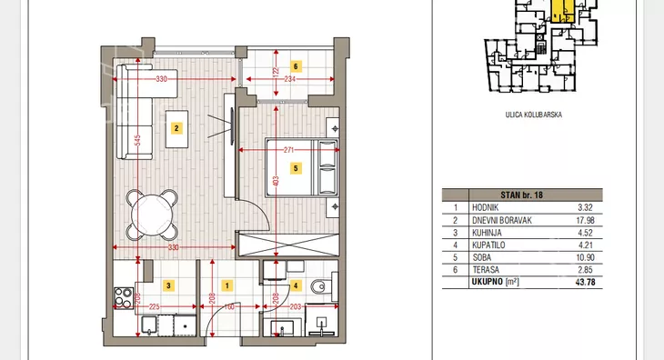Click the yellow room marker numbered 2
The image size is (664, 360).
tap(176, 128)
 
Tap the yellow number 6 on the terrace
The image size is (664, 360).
tap(296, 66)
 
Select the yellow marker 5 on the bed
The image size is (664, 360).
tap(296, 168)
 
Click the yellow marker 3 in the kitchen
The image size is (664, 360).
tap(168, 285)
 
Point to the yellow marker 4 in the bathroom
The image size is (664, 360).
tap(296, 286)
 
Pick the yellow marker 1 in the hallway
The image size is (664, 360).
tap(227, 286)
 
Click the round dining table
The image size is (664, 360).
tap(152, 215)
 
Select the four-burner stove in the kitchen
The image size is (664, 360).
tap(124, 298)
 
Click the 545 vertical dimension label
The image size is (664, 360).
tap(137, 140)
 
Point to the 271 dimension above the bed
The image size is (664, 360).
tap(289, 150)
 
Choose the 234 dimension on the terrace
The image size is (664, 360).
tap(289, 79)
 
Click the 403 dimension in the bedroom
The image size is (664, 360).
tap(276, 182)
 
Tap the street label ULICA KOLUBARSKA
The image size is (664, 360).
tap(534, 115)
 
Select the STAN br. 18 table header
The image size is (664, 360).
tap(522, 195)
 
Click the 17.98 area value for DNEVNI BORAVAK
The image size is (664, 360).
tap(585, 220)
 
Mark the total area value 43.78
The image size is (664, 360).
tap(585, 282)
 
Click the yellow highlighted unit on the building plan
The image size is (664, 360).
tap(563, 11)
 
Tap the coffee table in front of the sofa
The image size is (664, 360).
tap(177, 129)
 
